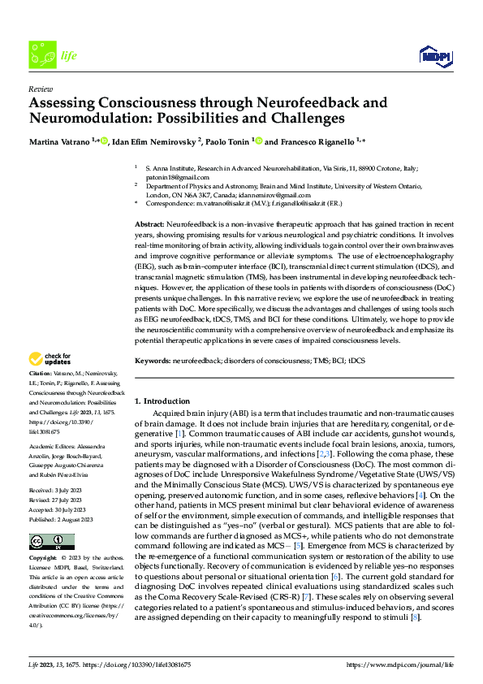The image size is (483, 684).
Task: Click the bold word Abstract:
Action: point(150,222)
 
